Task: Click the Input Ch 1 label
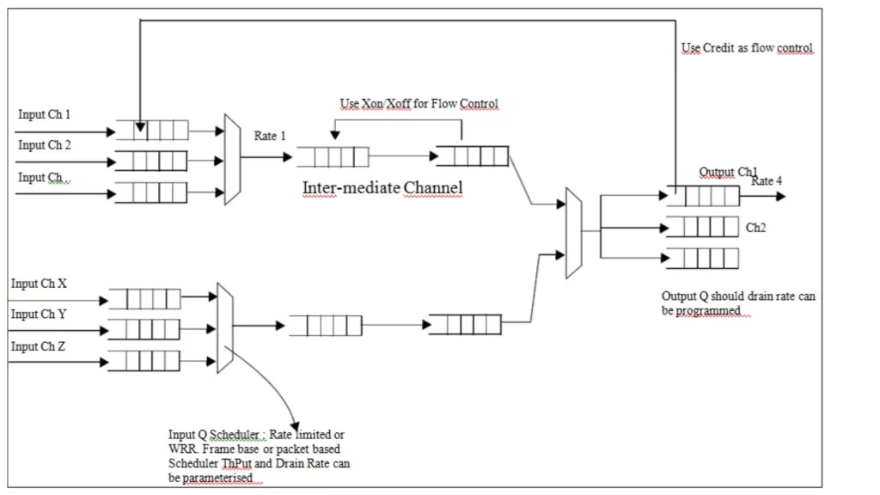pyautogui.click(x=45, y=114)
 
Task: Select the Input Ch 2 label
pyautogui.click(x=45, y=145)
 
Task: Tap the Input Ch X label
pyautogui.click(x=40, y=284)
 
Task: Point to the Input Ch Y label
pyautogui.click(x=40, y=315)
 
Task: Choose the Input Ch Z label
pyautogui.click(x=40, y=346)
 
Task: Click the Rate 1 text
pyautogui.click(x=270, y=136)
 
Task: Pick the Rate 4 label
pyautogui.click(x=767, y=180)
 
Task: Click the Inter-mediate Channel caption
pyautogui.click(x=382, y=187)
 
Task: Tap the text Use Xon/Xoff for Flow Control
pyautogui.click(x=419, y=104)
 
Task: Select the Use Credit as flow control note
pyautogui.click(x=747, y=48)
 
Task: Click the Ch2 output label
pyautogui.click(x=755, y=229)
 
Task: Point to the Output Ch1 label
pyautogui.click(x=728, y=172)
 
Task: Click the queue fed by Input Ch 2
pyautogui.click(x=150, y=161)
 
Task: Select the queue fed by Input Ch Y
pyautogui.click(x=144, y=329)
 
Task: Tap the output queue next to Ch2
pyautogui.click(x=702, y=227)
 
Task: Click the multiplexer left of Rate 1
pyautogui.click(x=232, y=159)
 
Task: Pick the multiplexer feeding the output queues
pyautogui.click(x=574, y=233)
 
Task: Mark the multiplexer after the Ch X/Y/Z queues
pyautogui.click(x=225, y=327)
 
